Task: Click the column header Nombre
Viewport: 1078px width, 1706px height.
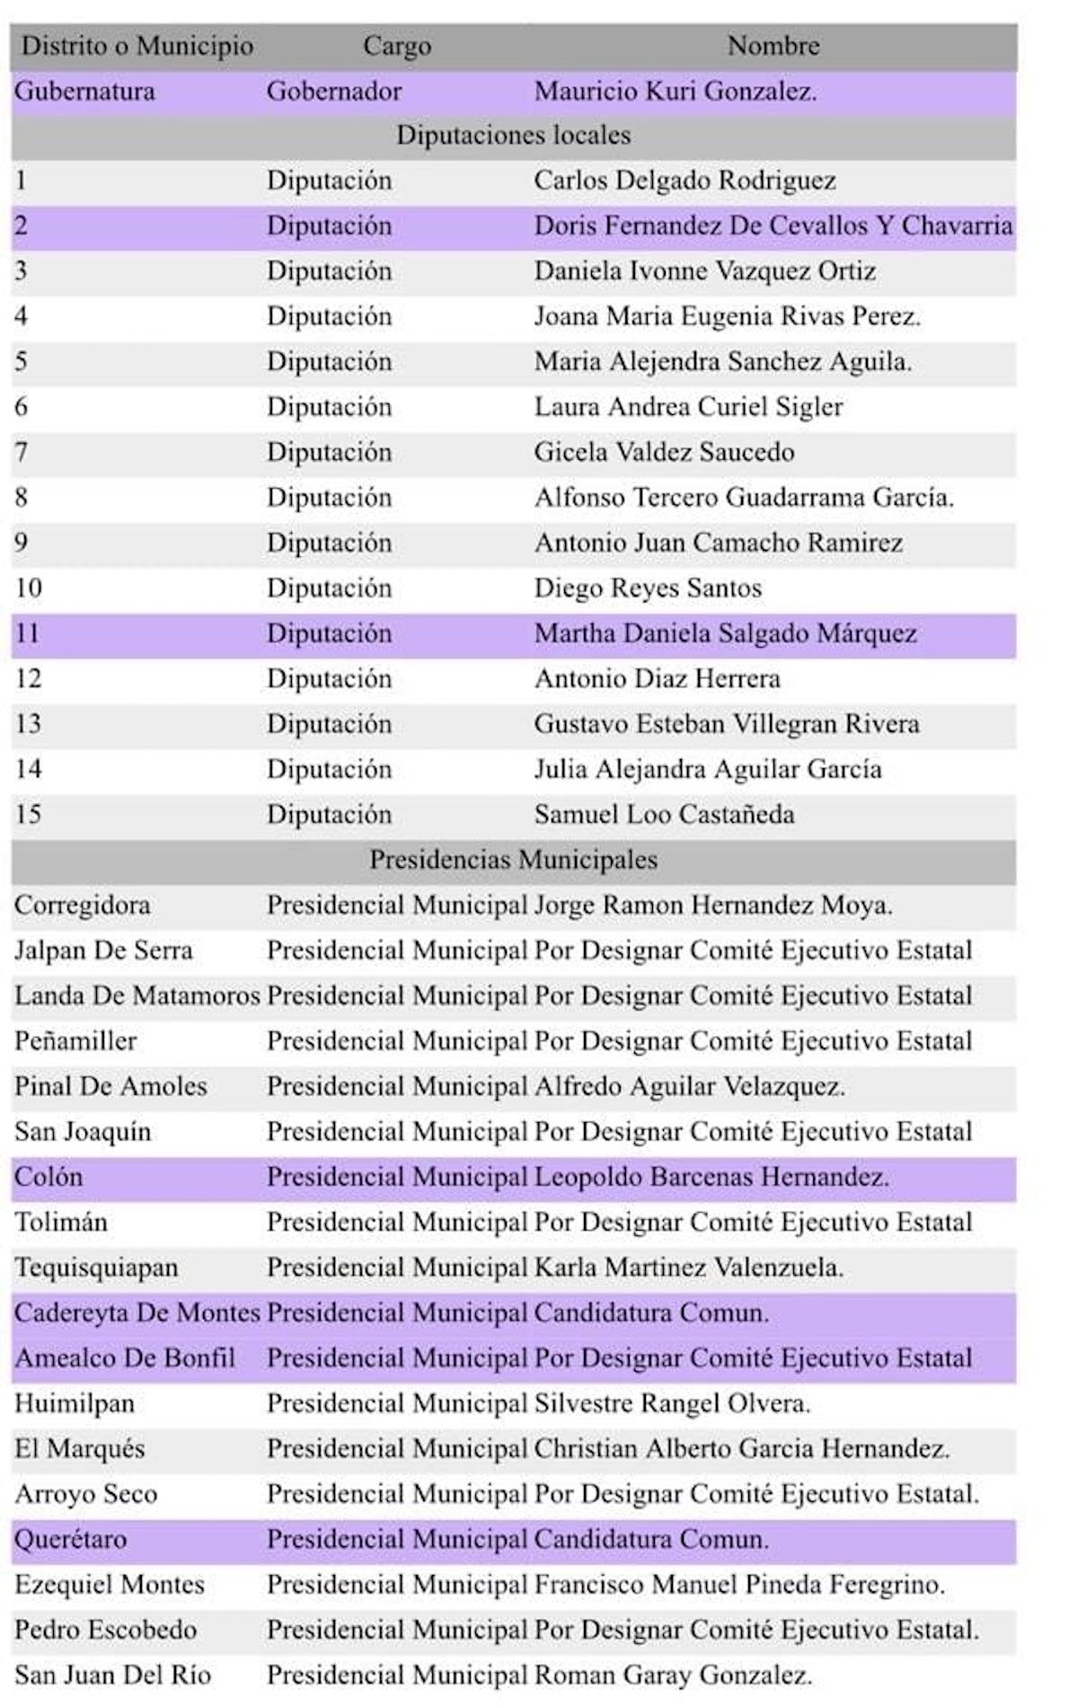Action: pyautogui.click(x=773, y=46)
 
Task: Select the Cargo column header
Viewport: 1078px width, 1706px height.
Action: pyautogui.click(x=396, y=46)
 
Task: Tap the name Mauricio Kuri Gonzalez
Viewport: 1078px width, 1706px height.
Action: pyautogui.click(x=675, y=92)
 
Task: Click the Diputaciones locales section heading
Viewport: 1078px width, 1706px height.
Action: pyautogui.click(x=513, y=136)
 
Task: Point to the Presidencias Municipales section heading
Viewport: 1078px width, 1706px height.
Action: pyautogui.click(x=513, y=860)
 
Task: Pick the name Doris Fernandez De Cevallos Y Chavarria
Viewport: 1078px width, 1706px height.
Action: pyautogui.click(x=773, y=225)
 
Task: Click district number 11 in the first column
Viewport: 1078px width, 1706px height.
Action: pyautogui.click(x=28, y=633)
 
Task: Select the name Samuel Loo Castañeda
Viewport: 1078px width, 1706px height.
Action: pyautogui.click(x=664, y=815)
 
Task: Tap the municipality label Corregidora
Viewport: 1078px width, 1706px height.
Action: pyautogui.click(x=82, y=906)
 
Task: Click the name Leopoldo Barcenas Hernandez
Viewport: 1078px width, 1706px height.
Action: pyautogui.click(x=711, y=1177)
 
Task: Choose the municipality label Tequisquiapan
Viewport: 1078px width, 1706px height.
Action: pyautogui.click(x=96, y=1268)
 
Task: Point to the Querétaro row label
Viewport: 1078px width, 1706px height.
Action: pyautogui.click(x=70, y=1539)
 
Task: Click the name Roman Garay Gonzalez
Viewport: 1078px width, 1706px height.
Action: pyautogui.click(x=673, y=1675)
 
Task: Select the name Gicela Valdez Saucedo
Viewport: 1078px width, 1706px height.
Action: pyautogui.click(x=664, y=452)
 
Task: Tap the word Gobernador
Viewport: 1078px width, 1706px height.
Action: pyautogui.click(x=333, y=92)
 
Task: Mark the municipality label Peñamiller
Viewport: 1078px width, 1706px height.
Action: pyautogui.click(x=75, y=1041)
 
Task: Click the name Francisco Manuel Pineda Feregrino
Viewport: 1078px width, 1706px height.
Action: pyautogui.click(x=739, y=1585)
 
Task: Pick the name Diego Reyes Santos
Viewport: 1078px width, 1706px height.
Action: pyautogui.click(x=648, y=588)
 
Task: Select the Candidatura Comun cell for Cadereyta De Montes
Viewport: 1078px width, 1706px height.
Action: pyautogui.click(x=651, y=1313)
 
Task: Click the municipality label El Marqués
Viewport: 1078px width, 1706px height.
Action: pyautogui.click(x=79, y=1449)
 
